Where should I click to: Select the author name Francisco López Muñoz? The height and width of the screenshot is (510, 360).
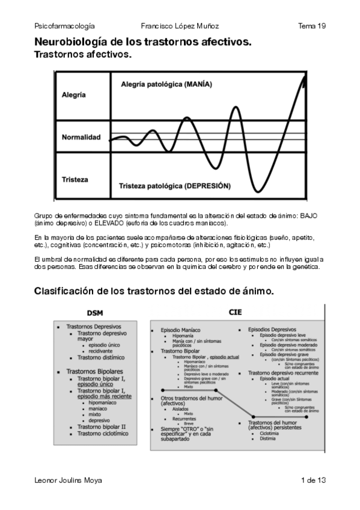(x=180, y=26)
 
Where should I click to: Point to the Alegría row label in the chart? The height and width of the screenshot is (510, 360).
(x=74, y=95)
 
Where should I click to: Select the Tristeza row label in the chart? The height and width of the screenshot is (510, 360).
(x=75, y=179)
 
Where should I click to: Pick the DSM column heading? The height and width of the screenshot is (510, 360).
(x=95, y=313)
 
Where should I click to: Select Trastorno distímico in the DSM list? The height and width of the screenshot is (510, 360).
(x=100, y=357)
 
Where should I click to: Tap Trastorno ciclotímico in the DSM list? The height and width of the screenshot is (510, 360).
(x=102, y=433)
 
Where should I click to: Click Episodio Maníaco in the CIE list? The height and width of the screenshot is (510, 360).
(x=180, y=330)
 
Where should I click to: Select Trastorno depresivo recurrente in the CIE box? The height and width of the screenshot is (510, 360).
(x=283, y=373)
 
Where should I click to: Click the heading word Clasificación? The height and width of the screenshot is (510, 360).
(x=67, y=291)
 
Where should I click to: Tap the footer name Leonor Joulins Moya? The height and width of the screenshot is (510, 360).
(x=68, y=480)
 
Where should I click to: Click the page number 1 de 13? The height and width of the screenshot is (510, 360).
(x=313, y=480)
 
